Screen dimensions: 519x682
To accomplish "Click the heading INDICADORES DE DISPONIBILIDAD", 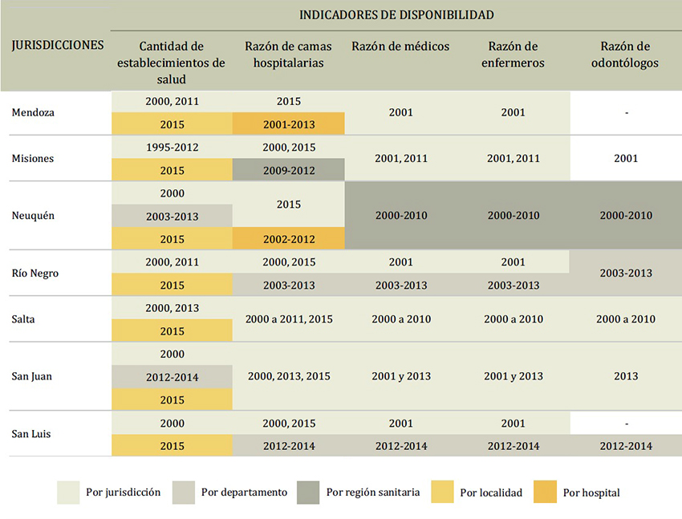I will pyautogui.click(x=396, y=15).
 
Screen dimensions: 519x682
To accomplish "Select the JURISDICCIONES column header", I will pyautogui.click(x=58, y=45).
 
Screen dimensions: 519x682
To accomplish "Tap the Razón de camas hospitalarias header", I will pyautogui.click(x=288, y=55).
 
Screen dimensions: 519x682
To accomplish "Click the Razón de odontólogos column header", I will pyautogui.click(x=626, y=55).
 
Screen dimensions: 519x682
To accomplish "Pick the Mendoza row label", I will pyautogui.click(x=33, y=113).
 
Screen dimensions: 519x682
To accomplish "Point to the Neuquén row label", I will pyautogui.click(x=33, y=216).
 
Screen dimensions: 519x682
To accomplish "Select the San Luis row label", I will pyautogui.click(x=34, y=434).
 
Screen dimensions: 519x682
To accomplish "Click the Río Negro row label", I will pyautogui.click(x=35, y=274).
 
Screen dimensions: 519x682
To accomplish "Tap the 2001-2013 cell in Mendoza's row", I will pyautogui.click(x=289, y=124).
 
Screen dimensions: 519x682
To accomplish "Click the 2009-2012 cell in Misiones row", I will pyautogui.click(x=289, y=170).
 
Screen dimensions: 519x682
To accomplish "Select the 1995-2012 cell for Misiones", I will pyautogui.click(x=172, y=148).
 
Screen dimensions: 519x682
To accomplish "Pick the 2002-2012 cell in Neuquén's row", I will pyautogui.click(x=289, y=239).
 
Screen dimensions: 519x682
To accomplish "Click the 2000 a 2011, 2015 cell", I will pyautogui.click(x=289, y=319).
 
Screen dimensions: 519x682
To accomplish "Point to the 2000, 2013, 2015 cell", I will pyautogui.click(x=289, y=376).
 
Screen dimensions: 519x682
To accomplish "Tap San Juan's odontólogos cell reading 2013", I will pyautogui.click(x=626, y=376).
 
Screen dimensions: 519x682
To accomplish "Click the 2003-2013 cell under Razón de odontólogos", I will pyautogui.click(x=626, y=274).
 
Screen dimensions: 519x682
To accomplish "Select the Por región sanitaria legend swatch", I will pyautogui.click(x=308, y=493).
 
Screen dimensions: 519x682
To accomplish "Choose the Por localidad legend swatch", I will pyautogui.click(x=442, y=493).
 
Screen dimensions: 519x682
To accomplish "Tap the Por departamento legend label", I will pyautogui.click(x=244, y=493).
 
